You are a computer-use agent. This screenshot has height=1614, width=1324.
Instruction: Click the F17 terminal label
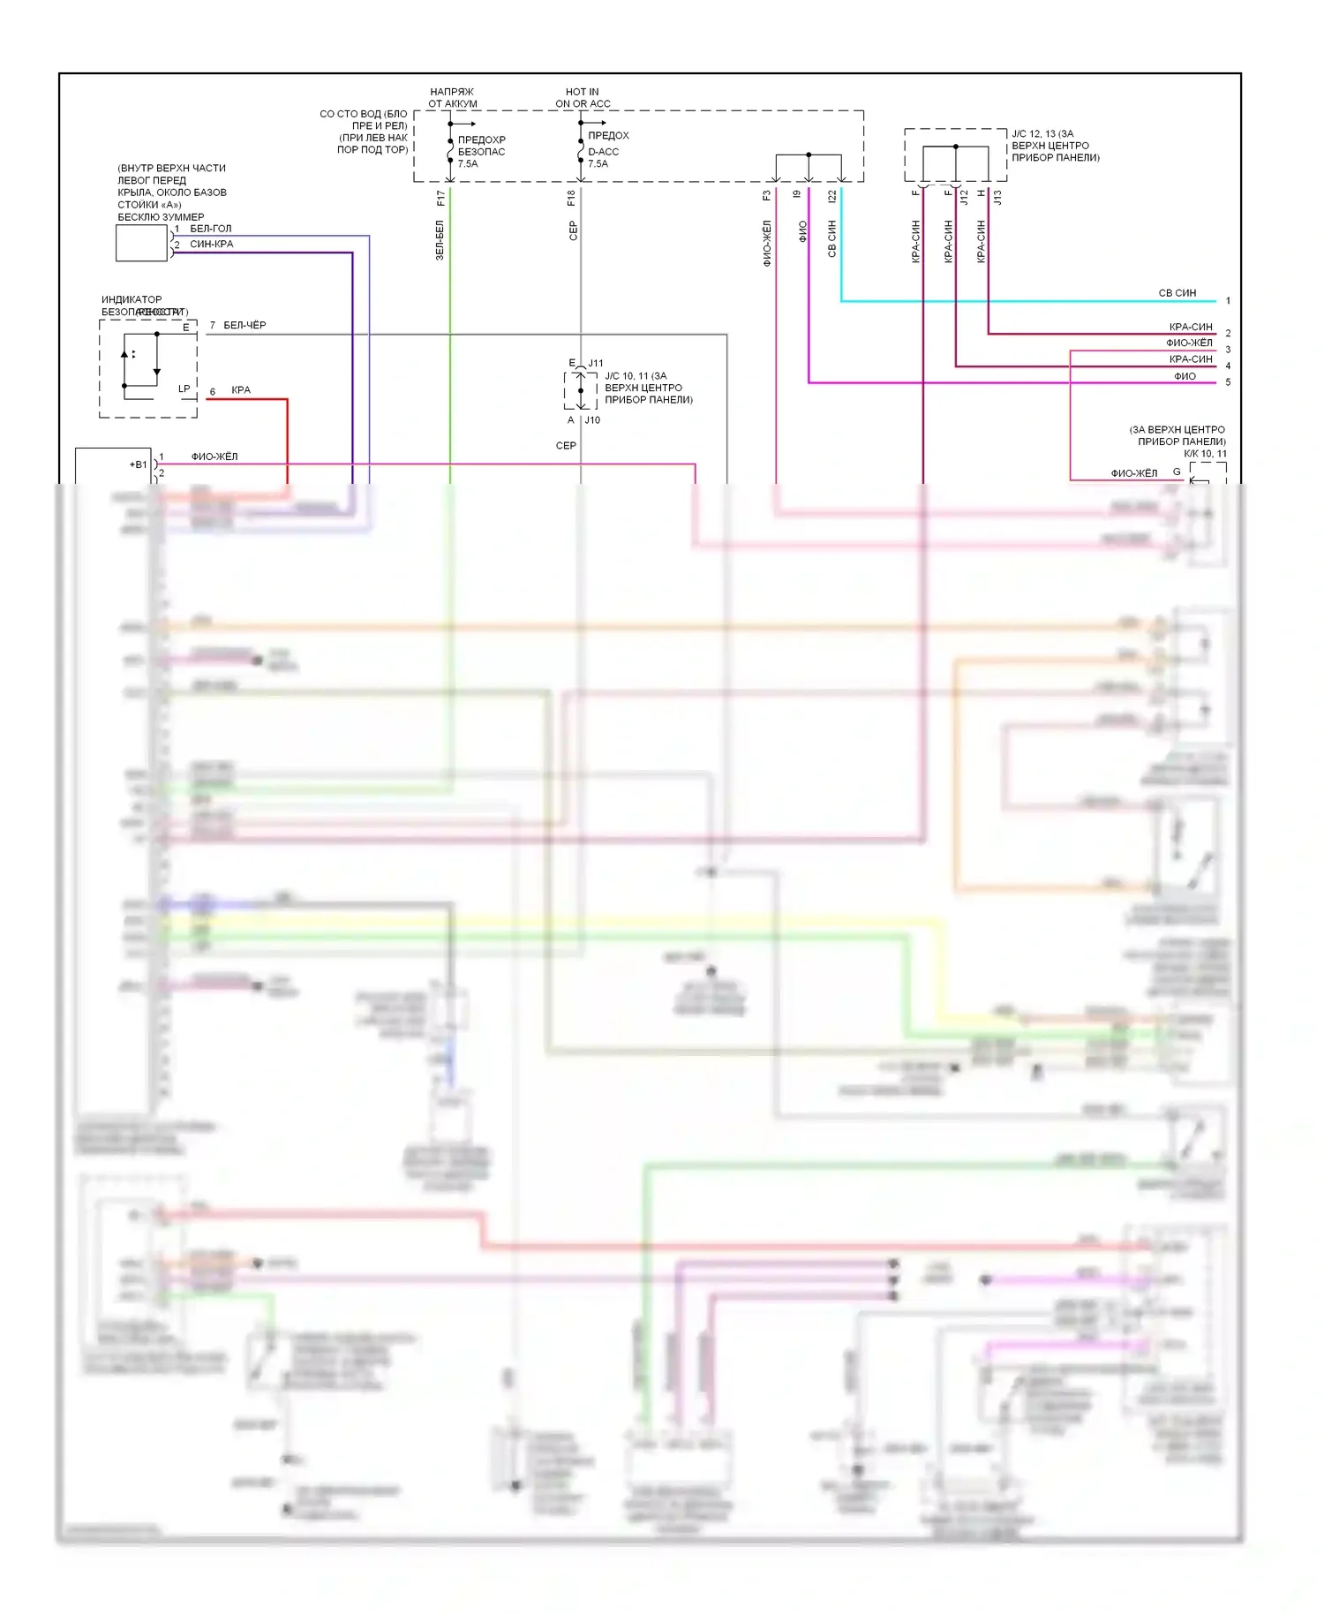[x=440, y=199]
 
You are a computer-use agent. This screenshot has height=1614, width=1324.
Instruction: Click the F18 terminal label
[x=571, y=199]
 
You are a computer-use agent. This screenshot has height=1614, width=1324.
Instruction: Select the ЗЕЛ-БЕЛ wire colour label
[x=440, y=240]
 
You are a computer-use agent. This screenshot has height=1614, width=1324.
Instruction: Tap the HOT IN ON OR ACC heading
[x=583, y=97]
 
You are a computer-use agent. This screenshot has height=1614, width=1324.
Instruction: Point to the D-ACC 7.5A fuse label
[x=603, y=157]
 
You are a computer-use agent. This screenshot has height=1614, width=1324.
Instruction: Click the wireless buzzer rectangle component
[x=141, y=243]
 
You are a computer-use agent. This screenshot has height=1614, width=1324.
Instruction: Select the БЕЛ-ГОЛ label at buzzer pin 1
[x=210, y=229]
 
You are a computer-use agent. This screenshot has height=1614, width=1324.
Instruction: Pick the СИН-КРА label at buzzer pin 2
[x=211, y=245]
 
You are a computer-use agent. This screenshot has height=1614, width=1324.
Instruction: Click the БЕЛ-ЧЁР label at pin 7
[x=244, y=325]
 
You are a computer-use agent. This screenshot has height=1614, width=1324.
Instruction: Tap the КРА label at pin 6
[x=240, y=390]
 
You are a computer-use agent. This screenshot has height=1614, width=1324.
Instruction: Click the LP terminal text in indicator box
[x=184, y=388]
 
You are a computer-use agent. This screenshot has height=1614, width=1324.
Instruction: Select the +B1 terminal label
[x=139, y=464]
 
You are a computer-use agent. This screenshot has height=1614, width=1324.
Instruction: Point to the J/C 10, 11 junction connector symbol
[x=581, y=390]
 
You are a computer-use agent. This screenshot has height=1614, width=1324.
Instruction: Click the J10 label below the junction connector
[x=592, y=420]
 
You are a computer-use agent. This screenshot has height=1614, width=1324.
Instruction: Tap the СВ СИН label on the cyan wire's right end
[x=1177, y=293]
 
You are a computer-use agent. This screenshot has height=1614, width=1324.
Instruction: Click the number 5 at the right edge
[x=1228, y=382]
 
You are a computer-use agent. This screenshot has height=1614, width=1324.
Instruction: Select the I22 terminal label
[x=831, y=198]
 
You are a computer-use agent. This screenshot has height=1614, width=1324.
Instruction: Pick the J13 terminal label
[x=997, y=198]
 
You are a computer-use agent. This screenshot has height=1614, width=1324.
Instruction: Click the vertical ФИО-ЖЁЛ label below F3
[x=767, y=243]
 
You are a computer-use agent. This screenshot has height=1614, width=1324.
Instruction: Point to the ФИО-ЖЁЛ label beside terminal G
[x=1133, y=473]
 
